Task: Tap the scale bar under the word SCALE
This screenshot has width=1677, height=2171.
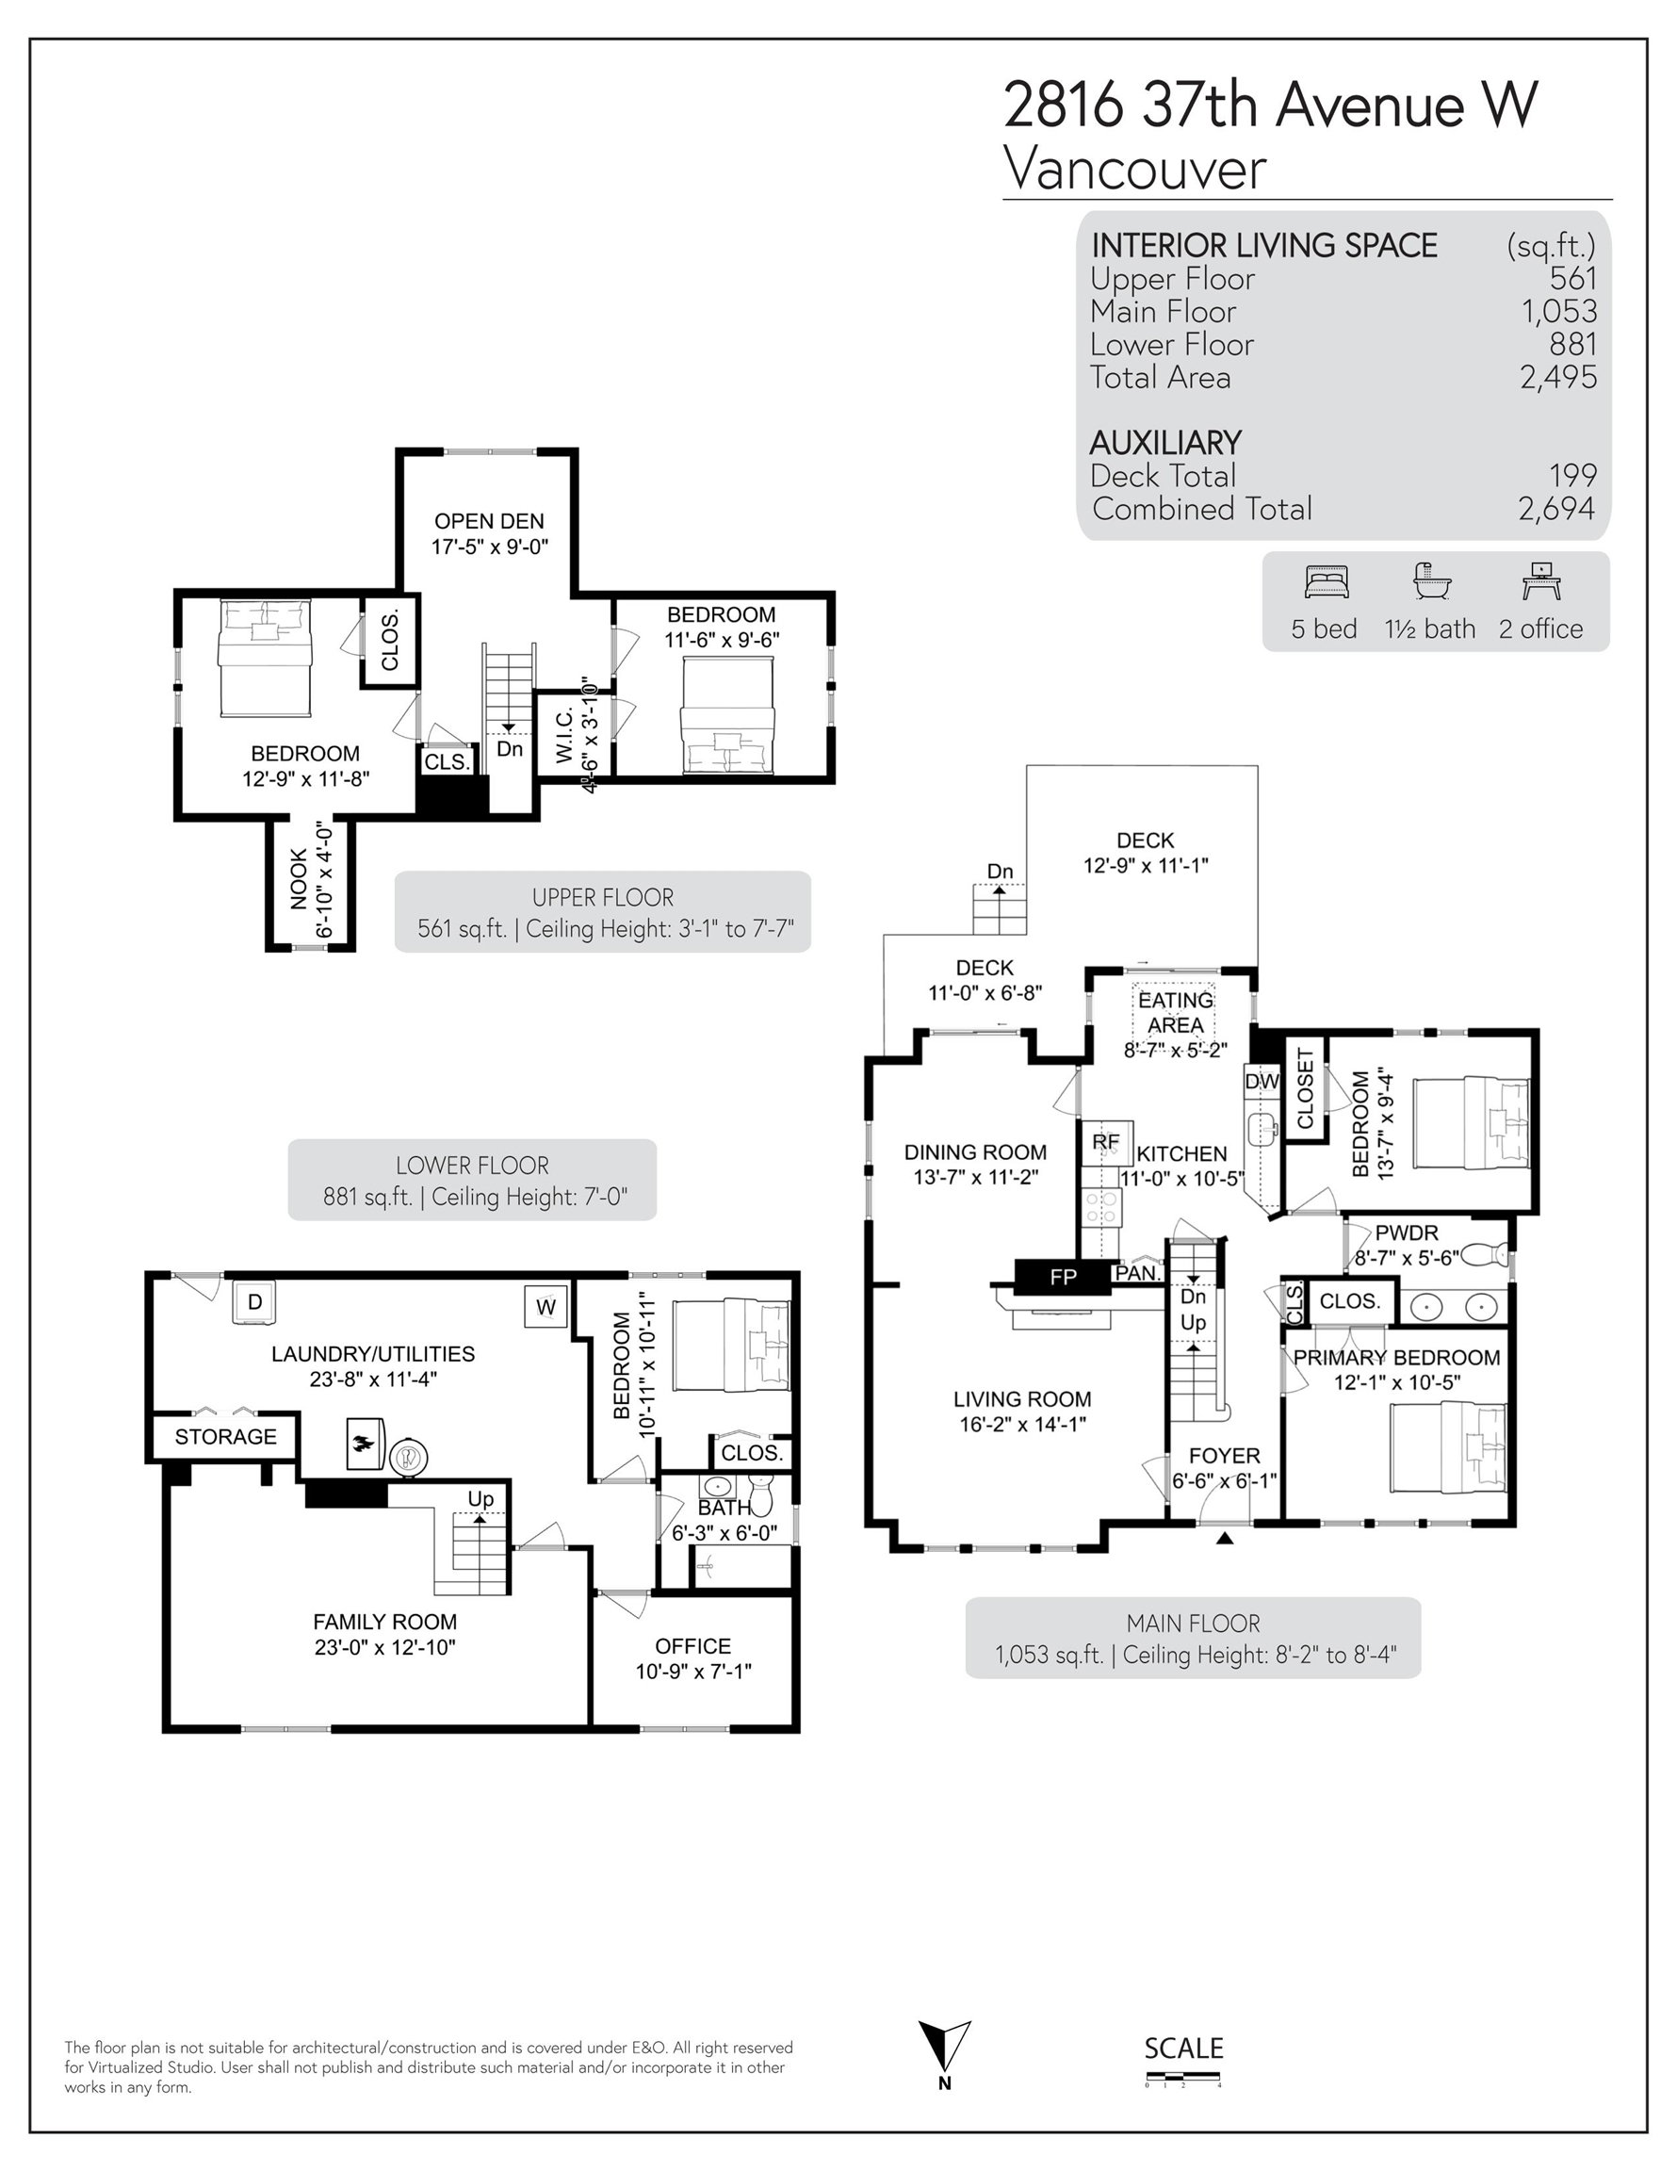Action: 1182,2075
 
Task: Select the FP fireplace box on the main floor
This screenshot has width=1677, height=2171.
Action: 1062,1278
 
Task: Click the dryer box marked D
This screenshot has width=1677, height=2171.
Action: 254,1302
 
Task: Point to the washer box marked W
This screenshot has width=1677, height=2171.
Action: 545,1307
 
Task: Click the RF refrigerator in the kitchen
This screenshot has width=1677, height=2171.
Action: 1106,1142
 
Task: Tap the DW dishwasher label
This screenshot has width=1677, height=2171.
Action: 1262,1082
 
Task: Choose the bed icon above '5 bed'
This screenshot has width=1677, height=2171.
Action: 1327,582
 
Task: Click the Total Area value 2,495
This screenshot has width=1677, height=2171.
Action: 1557,378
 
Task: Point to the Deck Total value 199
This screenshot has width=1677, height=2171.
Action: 1572,475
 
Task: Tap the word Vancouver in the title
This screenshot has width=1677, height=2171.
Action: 1135,169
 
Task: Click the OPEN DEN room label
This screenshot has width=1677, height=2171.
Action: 489,521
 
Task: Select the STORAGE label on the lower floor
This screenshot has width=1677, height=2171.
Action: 226,1436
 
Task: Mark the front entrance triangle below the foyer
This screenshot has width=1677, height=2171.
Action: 1225,1538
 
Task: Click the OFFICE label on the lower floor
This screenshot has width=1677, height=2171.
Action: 692,1646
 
